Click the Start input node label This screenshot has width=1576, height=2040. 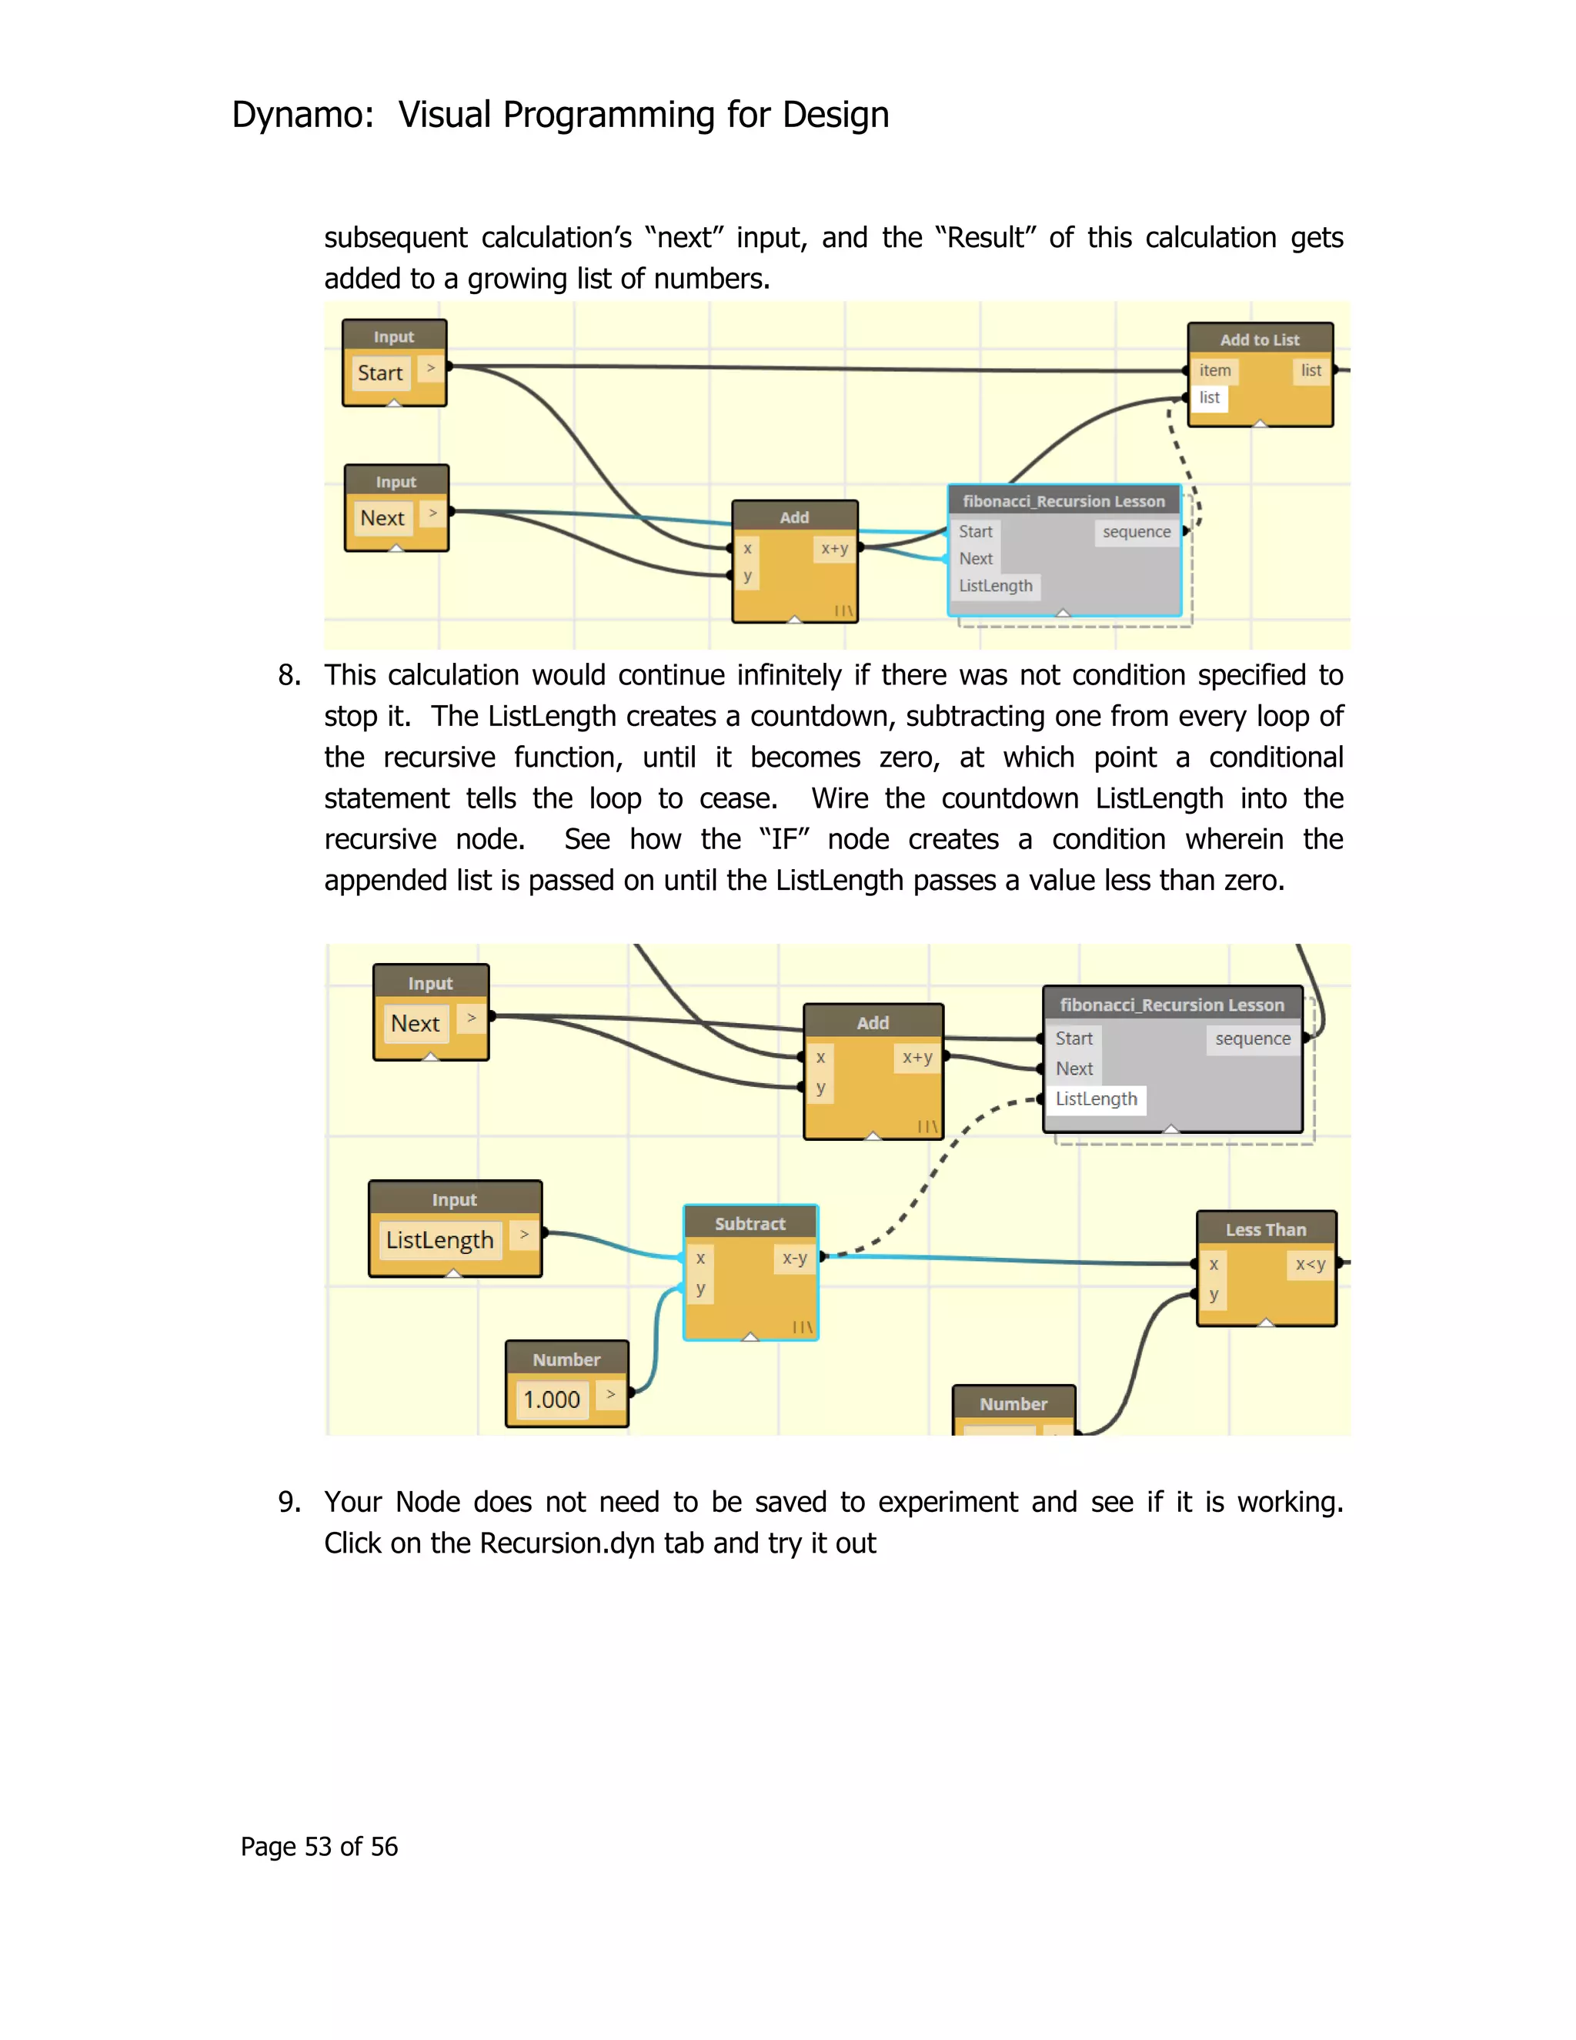tap(380, 373)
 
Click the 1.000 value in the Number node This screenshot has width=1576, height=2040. tap(552, 1400)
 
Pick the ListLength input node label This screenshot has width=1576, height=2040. tap(439, 1239)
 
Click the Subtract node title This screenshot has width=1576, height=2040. tap(750, 1224)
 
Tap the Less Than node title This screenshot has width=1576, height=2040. tap(1265, 1229)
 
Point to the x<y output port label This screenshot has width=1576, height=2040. tap(1310, 1265)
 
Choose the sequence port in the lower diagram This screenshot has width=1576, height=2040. tap(1252, 1038)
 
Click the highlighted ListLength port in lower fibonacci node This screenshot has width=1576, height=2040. tap(1096, 1099)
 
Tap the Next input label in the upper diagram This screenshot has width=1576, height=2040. tap(382, 517)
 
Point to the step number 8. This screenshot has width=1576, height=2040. tap(289, 675)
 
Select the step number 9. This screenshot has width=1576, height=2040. tap(289, 1502)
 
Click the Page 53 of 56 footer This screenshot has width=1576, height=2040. tap(319, 1847)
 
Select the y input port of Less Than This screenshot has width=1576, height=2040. tap(1213, 1295)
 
